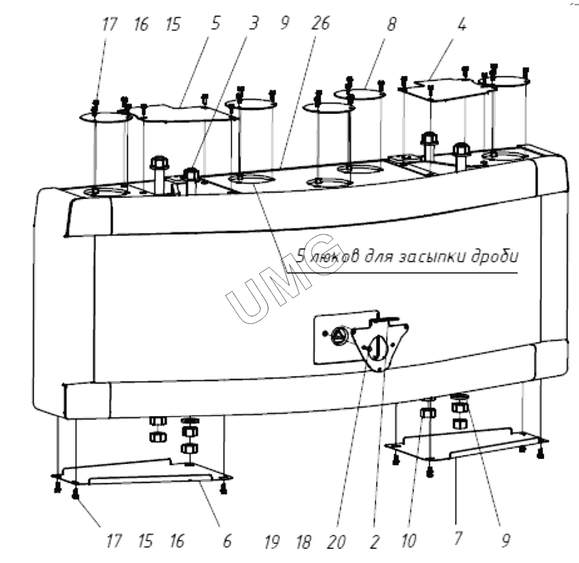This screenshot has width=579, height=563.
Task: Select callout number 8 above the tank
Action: click(x=391, y=25)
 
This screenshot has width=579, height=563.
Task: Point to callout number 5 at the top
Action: click(x=216, y=25)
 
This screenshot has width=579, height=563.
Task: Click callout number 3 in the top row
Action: click(x=254, y=25)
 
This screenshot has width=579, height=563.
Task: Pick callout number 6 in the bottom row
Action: click(x=227, y=541)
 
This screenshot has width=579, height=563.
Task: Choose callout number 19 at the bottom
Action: click(x=272, y=541)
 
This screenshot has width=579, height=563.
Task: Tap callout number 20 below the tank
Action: click(x=337, y=541)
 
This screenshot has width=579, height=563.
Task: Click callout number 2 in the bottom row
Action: click(x=374, y=541)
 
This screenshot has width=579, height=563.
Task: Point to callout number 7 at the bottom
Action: click(x=457, y=541)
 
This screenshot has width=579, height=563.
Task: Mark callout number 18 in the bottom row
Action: click(x=303, y=541)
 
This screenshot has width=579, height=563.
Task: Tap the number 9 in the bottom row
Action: click(x=506, y=541)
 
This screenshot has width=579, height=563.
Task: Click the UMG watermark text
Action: click(x=280, y=274)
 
